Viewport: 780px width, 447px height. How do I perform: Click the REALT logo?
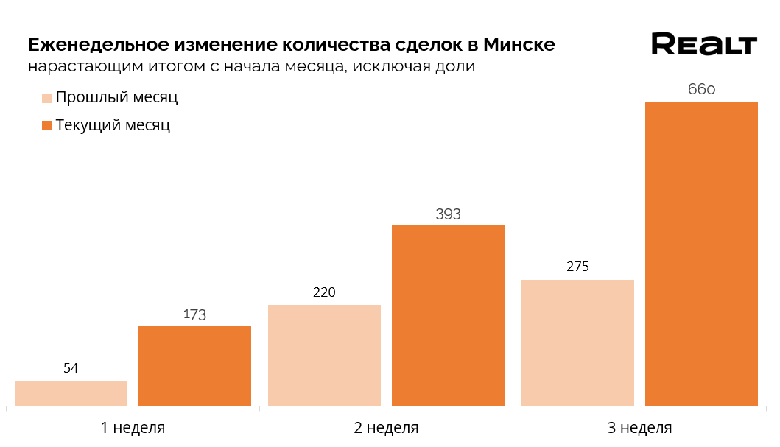[x=703, y=44]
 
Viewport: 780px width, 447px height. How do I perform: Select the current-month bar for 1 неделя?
[x=194, y=366]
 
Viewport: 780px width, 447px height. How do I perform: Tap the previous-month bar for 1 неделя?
[x=71, y=393]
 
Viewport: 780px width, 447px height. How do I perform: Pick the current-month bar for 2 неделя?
[x=448, y=315]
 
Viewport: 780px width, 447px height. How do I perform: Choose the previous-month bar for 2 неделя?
[x=324, y=355]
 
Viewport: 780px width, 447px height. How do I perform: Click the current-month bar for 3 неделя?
[x=701, y=254]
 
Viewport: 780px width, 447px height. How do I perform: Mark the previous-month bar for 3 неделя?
[x=577, y=342]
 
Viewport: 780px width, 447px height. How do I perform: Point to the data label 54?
[x=71, y=368]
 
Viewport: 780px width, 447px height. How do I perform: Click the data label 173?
[x=194, y=315]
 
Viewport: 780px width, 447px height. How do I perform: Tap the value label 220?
[x=324, y=292]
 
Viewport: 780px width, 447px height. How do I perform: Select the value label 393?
[x=448, y=215]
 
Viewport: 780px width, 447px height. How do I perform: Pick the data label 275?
[x=577, y=267]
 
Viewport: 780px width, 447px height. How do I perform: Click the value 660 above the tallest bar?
[x=701, y=90]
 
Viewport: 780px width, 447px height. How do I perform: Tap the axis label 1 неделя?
[x=133, y=428]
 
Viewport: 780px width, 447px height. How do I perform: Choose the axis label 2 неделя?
[x=386, y=428]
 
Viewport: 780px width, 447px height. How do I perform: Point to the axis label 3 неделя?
[x=639, y=428]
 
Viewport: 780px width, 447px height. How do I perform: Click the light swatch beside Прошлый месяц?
[x=46, y=98]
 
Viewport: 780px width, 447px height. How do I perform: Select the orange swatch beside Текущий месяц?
[x=46, y=125]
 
